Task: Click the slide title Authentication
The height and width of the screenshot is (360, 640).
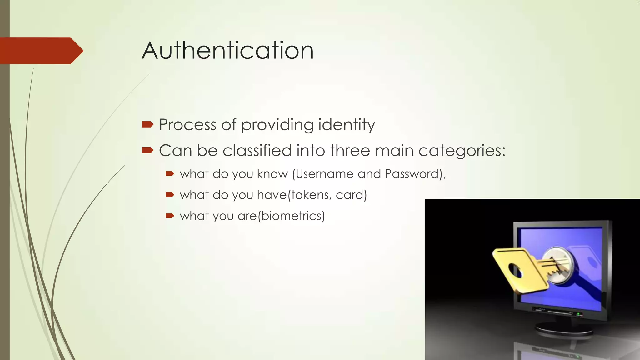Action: pos(228,51)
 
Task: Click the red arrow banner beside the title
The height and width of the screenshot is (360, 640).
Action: pos(41,51)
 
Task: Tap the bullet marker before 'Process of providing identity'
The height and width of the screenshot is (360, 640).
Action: pos(147,125)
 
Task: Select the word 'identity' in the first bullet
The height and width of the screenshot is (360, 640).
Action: pos(347,125)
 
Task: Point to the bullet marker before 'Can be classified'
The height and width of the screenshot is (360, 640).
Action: pos(147,151)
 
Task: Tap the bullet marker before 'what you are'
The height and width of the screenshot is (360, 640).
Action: pos(170,216)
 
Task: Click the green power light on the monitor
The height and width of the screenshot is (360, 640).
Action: pos(578,313)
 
